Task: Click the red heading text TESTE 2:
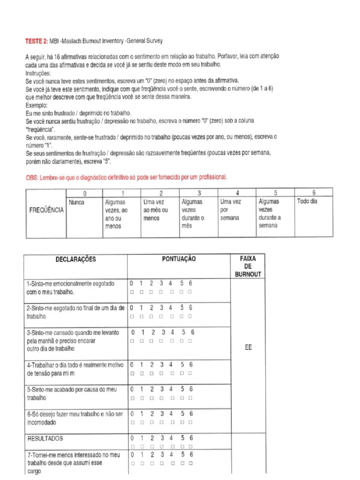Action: click(x=36, y=41)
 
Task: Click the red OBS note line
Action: click(x=126, y=177)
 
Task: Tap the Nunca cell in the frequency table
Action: click(x=76, y=202)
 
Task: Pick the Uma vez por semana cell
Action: click(x=230, y=210)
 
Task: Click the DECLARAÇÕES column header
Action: click(x=75, y=259)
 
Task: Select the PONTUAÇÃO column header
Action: click(x=179, y=259)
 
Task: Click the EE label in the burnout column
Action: click(x=248, y=348)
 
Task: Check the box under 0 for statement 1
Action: click(x=132, y=292)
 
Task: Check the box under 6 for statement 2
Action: click(x=190, y=316)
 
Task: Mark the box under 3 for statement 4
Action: click(x=161, y=373)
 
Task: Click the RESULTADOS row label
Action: click(x=45, y=439)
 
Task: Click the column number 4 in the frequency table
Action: click(x=238, y=193)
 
